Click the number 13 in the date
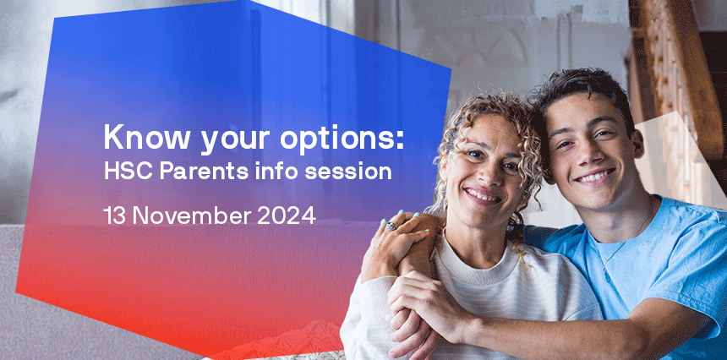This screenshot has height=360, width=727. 116,215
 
